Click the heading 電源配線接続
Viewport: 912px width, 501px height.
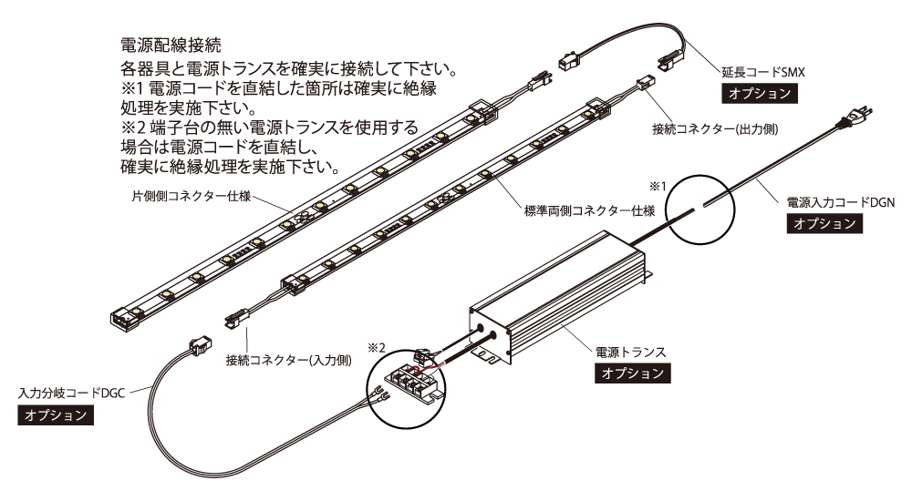pos(173,44)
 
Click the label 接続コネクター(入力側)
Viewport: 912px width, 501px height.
pos(275,361)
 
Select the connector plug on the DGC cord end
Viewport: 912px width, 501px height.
pos(198,346)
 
